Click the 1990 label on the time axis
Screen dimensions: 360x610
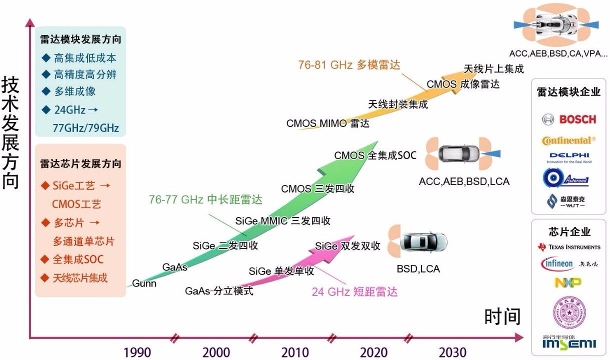click(137, 352)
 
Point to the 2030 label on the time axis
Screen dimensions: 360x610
click(452, 352)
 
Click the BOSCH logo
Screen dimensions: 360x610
click(569, 119)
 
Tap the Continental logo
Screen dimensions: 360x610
click(569, 140)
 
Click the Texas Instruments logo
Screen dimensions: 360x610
click(569, 247)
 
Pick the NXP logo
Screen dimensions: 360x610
click(568, 282)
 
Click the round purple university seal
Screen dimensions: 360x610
click(568, 312)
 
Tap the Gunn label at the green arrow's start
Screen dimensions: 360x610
click(144, 283)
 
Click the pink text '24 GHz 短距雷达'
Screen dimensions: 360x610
click(354, 292)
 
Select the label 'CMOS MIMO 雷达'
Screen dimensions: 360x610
click(327, 123)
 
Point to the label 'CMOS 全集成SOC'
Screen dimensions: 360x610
click(375, 155)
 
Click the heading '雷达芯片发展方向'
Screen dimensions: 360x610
click(80, 164)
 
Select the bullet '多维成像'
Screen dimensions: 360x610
click(74, 91)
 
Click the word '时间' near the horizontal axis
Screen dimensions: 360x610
click(502, 316)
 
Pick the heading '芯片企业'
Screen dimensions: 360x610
click(569, 232)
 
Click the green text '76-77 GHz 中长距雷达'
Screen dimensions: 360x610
click(205, 199)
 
